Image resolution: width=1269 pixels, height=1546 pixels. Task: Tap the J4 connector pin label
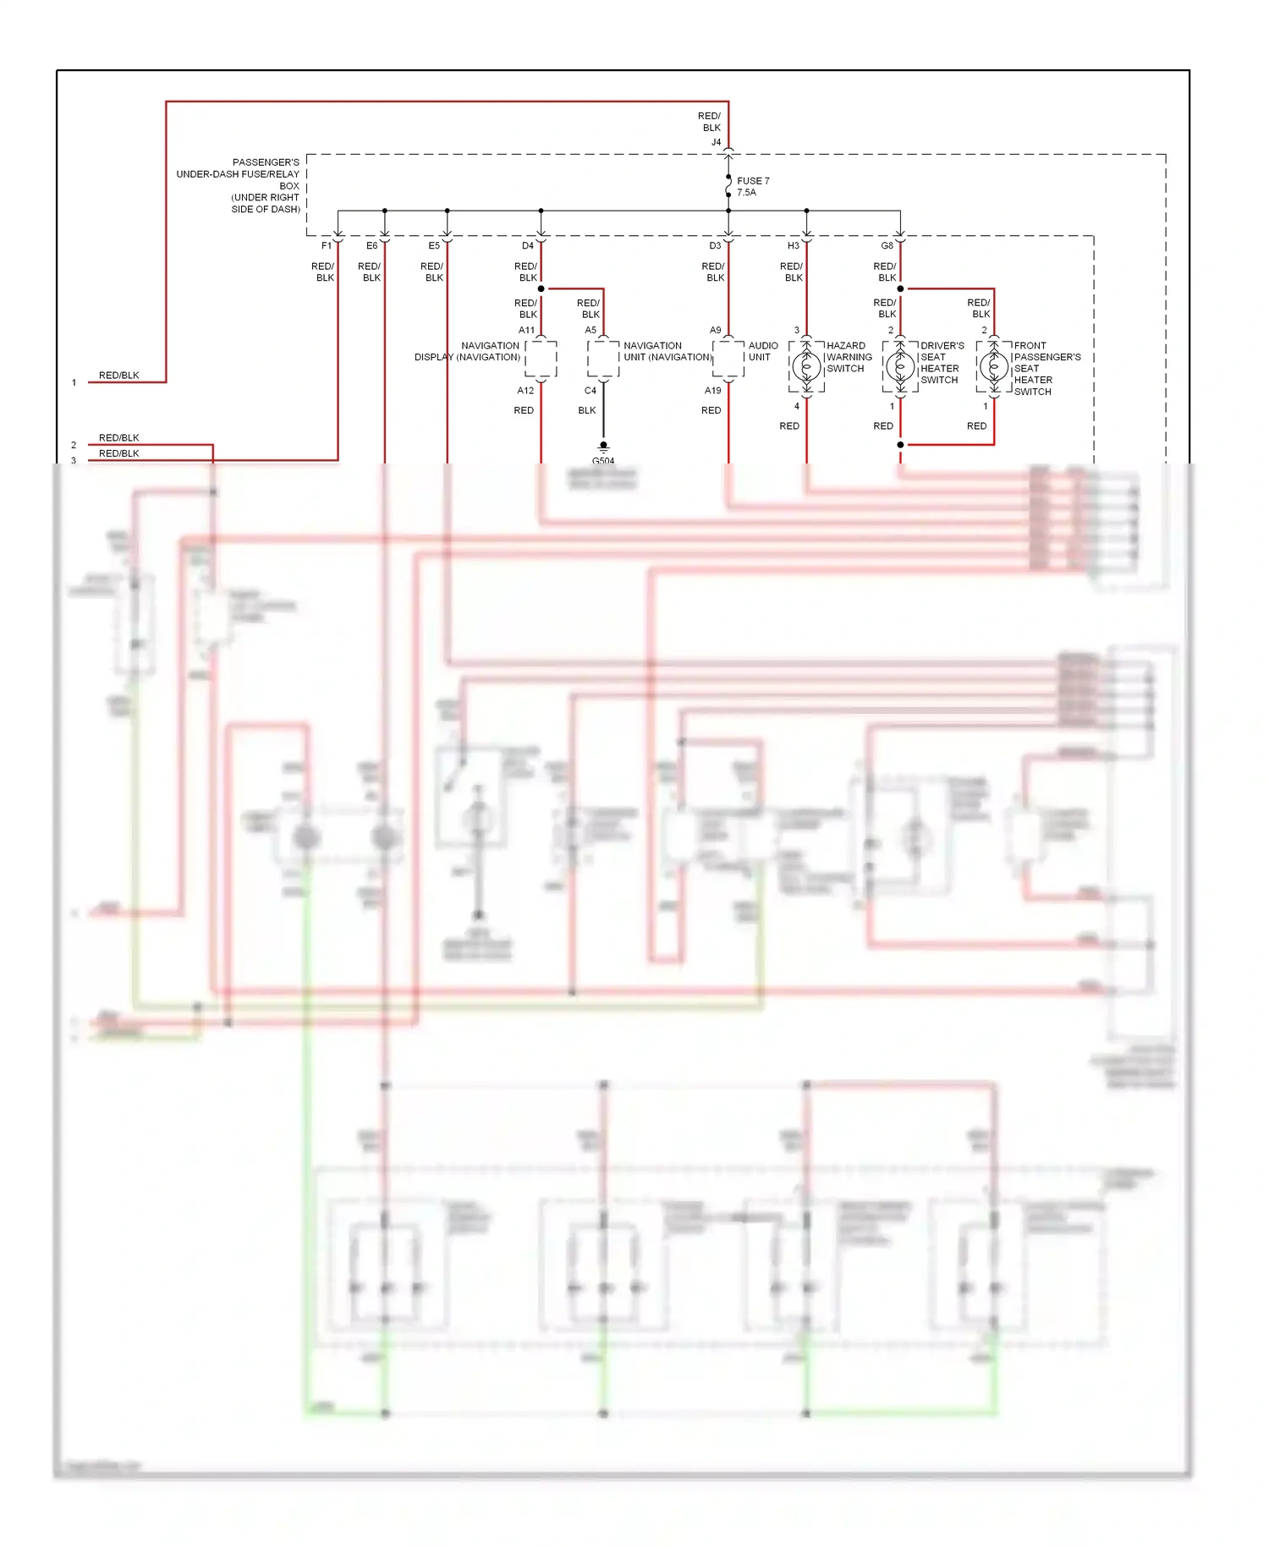click(x=716, y=142)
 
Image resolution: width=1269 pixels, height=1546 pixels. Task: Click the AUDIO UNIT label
click(x=762, y=351)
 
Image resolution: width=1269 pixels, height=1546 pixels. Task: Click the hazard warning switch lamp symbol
click(x=806, y=367)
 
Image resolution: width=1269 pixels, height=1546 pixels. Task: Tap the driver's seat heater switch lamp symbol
click(x=900, y=367)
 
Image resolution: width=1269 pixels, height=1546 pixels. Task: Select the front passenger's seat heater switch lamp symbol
click(x=994, y=367)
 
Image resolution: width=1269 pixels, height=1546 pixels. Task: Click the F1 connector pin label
click(x=327, y=246)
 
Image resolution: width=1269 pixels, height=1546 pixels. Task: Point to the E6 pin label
click(x=372, y=246)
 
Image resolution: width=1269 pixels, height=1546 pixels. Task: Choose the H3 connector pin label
click(x=793, y=246)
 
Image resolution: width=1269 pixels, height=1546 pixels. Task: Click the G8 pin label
click(x=887, y=246)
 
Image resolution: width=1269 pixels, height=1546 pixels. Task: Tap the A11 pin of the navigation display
click(x=526, y=331)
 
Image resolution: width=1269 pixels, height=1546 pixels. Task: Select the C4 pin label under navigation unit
click(x=590, y=391)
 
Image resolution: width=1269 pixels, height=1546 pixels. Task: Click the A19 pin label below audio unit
click(x=712, y=391)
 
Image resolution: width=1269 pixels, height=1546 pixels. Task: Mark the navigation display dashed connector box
click(x=541, y=359)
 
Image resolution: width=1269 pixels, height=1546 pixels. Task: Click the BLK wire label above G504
click(x=587, y=410)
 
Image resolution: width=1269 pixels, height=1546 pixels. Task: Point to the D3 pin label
click(x=715, y=246)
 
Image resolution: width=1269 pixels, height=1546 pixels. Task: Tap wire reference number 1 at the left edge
click(x=74, y=382)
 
